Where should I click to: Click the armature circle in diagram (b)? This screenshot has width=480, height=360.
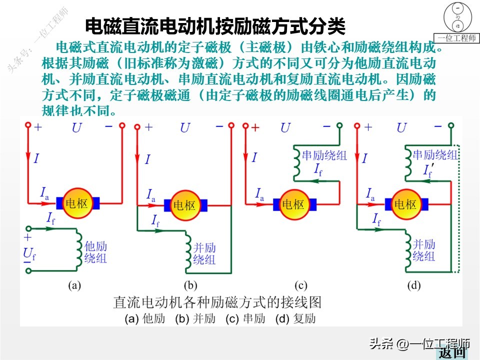click(x=184, y=205)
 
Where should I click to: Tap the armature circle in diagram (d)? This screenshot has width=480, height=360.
click(x=405, y=204)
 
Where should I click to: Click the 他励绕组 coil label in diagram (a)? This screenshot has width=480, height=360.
click(x=95, y=252)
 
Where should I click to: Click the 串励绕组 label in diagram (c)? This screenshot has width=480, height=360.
click(x=324, y=155)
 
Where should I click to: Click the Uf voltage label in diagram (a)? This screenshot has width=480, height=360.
click(x=29, y=254)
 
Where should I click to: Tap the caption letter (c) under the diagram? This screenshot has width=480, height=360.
click(x=300, y=286)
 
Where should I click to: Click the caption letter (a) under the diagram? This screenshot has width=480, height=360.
click(x=74, y=286)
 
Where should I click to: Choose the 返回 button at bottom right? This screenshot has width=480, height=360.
click(x=452, y=353)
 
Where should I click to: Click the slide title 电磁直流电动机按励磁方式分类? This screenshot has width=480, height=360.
click(x=215, y=25)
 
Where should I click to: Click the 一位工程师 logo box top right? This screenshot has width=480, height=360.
click(x=457, y=23)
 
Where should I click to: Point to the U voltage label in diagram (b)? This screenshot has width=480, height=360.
click(x=185, y=128)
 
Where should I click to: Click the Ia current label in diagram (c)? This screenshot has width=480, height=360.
click(x=259, y=193)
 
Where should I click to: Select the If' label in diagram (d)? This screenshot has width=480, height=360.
click(x=428, y=170)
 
